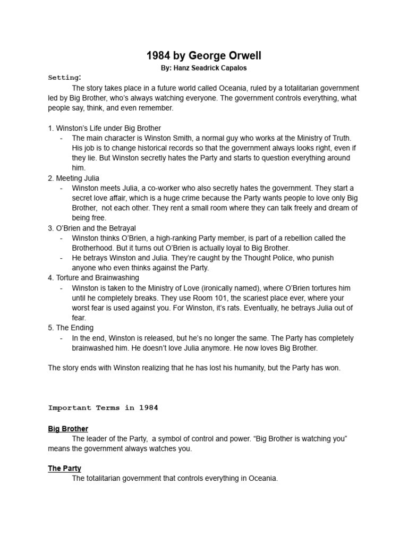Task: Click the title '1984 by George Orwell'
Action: [204, 56]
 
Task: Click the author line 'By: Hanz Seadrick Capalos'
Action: [204, 69]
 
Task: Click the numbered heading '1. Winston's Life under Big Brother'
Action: [105, 128]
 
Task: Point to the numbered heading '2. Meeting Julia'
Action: [73, 178]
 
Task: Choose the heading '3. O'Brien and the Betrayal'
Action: [93, 228]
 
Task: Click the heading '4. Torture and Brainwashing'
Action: [93, 278]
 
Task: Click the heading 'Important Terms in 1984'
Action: [103, 408]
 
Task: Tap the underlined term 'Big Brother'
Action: [68, 429]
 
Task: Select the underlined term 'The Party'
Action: [64, 468]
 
